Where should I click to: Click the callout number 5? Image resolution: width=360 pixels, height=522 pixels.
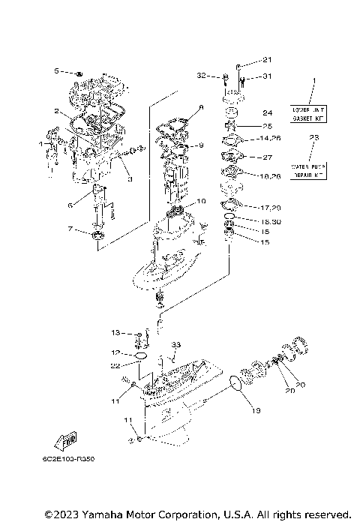(x=56, y=71)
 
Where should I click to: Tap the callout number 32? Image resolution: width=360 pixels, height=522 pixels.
(x=202, y=76)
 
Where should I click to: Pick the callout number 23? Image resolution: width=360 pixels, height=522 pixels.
(x=314, y=138)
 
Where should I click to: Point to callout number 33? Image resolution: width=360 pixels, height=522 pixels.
(x=176, y=344)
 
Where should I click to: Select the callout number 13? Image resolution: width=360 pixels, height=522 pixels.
(x=116, y=332)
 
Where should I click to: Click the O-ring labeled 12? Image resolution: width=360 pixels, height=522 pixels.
(x=139, y=352)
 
